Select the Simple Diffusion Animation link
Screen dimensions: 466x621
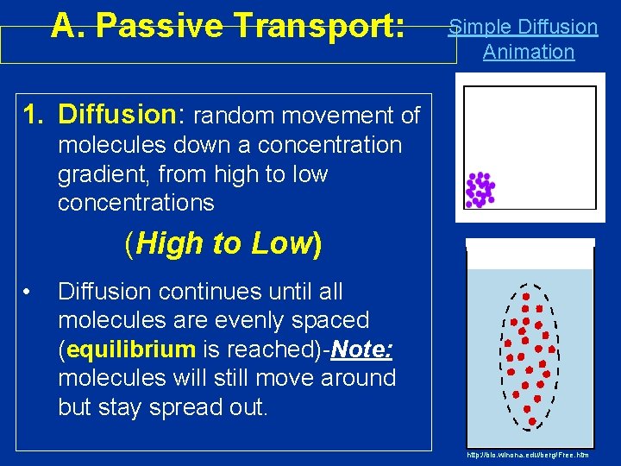(524, 39)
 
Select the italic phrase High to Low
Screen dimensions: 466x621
(223, 244)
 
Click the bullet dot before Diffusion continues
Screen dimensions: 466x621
(28, 291)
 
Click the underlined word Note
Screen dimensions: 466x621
(361, 349)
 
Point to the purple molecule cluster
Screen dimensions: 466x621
(480, 190)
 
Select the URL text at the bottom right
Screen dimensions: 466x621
(527, 454)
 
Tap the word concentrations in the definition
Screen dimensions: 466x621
(135, 203)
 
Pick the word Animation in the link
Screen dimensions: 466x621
(528, 52)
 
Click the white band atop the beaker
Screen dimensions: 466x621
(530, 254)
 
